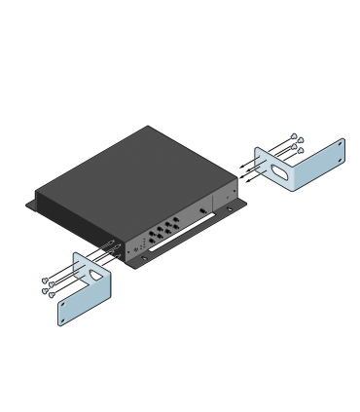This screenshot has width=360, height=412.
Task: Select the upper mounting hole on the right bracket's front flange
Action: tap(340, 146)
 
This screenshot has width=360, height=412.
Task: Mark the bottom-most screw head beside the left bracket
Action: tap(52, 294)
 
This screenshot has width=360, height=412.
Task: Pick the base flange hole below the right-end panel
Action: tap(231, 207)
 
